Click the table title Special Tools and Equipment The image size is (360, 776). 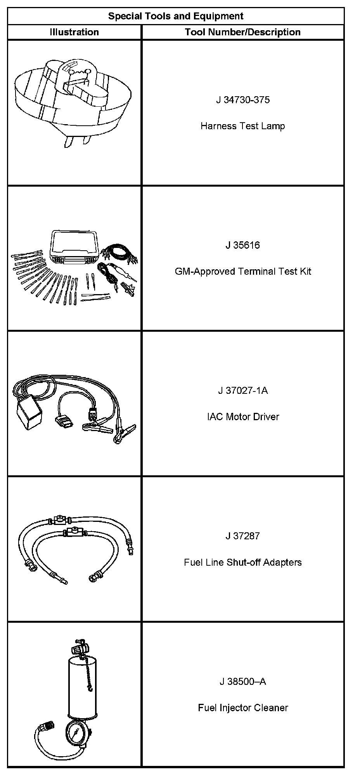[176, 16]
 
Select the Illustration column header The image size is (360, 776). [74, 32]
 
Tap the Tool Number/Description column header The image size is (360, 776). [242, 32]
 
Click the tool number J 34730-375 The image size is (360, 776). [242, 100]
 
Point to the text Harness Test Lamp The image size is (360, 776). [242, 126]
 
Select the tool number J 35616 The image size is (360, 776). [242, 245]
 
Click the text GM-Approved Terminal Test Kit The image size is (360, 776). [242, 271]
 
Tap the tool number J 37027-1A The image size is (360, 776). [242, 390]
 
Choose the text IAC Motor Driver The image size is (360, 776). [242, 417]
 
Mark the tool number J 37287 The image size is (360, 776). [242, 536]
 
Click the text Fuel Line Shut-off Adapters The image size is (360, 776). [242, 562]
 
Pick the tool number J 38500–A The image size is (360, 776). [242, 681]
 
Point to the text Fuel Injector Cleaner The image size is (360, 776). [242, 708]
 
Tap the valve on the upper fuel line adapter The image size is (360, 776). [60, 519]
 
